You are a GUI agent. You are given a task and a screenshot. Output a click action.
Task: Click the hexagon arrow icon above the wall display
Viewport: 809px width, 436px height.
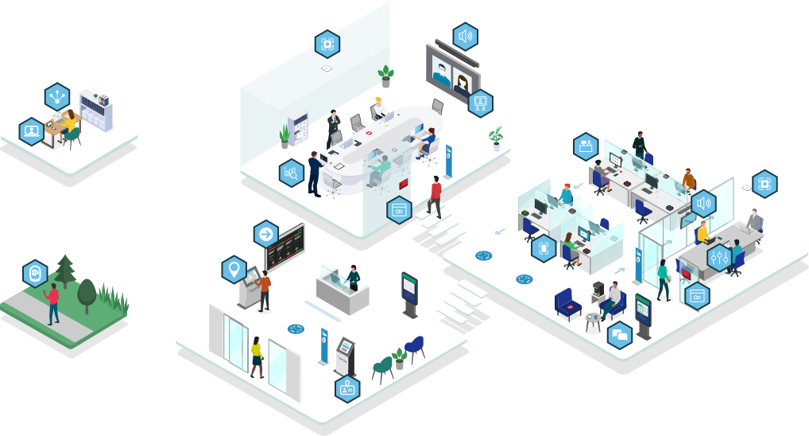265,234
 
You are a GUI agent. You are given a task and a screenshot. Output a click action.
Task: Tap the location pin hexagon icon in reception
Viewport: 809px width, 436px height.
233,269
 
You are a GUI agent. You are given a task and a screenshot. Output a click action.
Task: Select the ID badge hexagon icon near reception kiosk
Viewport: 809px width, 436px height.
347,388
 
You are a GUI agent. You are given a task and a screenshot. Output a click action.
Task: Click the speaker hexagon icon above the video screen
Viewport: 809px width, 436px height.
466,36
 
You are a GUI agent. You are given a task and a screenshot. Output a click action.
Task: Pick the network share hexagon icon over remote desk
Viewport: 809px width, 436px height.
57,96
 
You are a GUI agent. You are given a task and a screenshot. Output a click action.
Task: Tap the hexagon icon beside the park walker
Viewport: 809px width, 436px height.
35,273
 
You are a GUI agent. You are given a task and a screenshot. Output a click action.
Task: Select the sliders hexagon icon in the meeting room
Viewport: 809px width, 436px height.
718,257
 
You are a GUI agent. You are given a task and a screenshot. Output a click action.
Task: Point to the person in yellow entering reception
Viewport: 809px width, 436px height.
257,356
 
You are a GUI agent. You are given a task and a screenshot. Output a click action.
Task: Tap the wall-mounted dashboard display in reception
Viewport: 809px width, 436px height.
285,247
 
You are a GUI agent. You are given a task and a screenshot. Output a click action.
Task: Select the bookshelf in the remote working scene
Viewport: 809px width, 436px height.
96,111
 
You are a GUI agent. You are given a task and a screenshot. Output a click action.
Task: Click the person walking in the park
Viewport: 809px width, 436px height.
53,303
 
